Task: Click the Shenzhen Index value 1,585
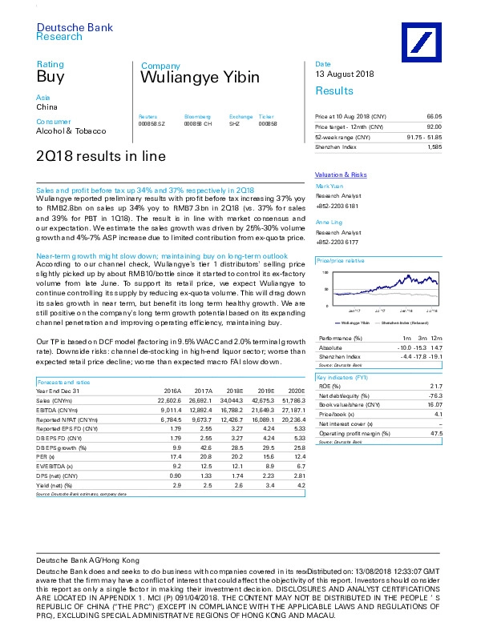[x=435, y=147]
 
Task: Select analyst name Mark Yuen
[x=329, y=185]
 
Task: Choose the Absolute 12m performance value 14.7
[x=435, y=348]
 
